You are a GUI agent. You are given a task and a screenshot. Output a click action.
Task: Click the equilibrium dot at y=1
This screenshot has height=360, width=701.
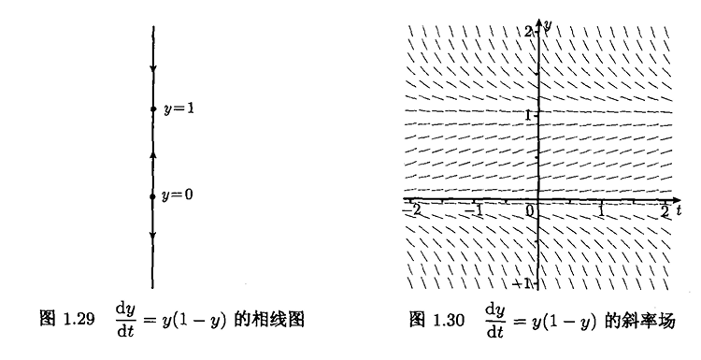153,108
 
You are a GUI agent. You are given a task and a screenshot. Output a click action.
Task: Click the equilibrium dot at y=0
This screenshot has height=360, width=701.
152,196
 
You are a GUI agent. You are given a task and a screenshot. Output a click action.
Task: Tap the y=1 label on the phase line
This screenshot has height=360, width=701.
179,108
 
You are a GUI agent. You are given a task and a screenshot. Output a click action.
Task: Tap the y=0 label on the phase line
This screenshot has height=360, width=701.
178,195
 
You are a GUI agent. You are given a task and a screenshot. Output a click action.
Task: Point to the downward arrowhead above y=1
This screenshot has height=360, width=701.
153,69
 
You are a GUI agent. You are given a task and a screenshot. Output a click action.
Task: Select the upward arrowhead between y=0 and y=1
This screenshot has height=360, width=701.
153,154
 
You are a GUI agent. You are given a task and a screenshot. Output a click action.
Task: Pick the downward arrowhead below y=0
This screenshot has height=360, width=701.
152,236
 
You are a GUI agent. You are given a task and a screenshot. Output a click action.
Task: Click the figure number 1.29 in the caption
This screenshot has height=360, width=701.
79,319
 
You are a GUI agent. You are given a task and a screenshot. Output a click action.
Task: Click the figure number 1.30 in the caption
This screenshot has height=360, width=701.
449,320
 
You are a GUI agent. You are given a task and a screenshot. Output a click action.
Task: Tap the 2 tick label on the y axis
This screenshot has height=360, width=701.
528,31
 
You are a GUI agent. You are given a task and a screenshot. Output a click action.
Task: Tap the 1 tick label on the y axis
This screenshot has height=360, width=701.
528,115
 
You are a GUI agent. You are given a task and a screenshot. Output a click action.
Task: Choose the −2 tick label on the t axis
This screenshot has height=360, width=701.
412,209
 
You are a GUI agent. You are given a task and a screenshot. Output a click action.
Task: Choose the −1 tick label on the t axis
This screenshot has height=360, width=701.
474,209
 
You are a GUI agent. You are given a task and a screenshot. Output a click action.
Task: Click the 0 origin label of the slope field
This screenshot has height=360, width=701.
530,210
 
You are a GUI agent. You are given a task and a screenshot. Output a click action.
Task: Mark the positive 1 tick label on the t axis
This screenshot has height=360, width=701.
602,210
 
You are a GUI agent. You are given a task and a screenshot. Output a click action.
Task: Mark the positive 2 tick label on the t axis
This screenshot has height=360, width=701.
665,210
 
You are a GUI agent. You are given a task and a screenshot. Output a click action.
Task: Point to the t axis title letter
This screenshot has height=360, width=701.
679,210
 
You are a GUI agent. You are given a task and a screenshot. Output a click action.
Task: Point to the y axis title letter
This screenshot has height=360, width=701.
548,24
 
